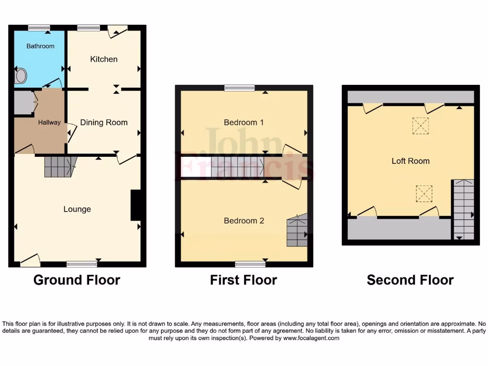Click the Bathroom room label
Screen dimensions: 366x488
(x=40, y=46)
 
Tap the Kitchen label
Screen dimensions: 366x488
(x=104, y=59)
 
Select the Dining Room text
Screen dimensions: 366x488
(x=104, y=122)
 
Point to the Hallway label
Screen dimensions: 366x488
(x=50, y=122)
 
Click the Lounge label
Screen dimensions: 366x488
(x=77, y=209)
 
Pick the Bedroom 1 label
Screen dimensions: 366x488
(x=244, y=122)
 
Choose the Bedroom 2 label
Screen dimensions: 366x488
(x=244, y=221)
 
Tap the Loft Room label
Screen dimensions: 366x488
(x=410, y=161)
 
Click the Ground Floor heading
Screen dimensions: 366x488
(x=77, y=280)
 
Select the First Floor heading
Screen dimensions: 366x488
(x=244, y=280)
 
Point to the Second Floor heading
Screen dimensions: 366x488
(x=410, y=280)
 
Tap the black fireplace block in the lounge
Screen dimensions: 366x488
(x=136, y=205)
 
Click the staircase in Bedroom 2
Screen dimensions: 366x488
(x=297, y=231)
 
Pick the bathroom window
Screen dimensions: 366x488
(x=40, y=28)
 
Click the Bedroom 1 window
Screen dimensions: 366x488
(x=240, y=88)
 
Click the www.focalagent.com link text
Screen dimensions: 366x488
(x=311, y=338)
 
